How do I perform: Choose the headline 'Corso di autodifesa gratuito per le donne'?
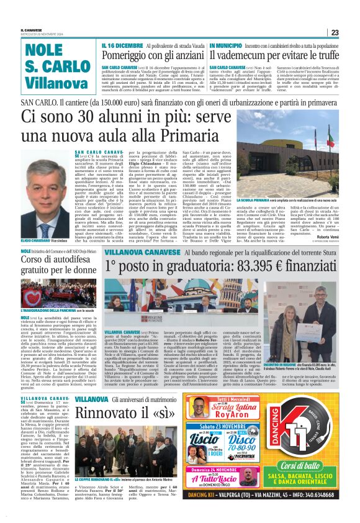click(58, 265)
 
